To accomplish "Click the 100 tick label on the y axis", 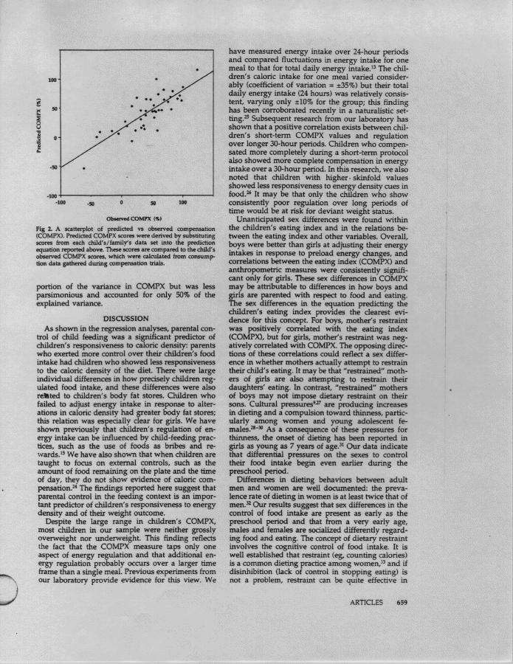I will (52, 80).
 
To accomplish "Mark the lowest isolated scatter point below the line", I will (83, 169).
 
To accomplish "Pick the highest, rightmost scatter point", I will (198, 70).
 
